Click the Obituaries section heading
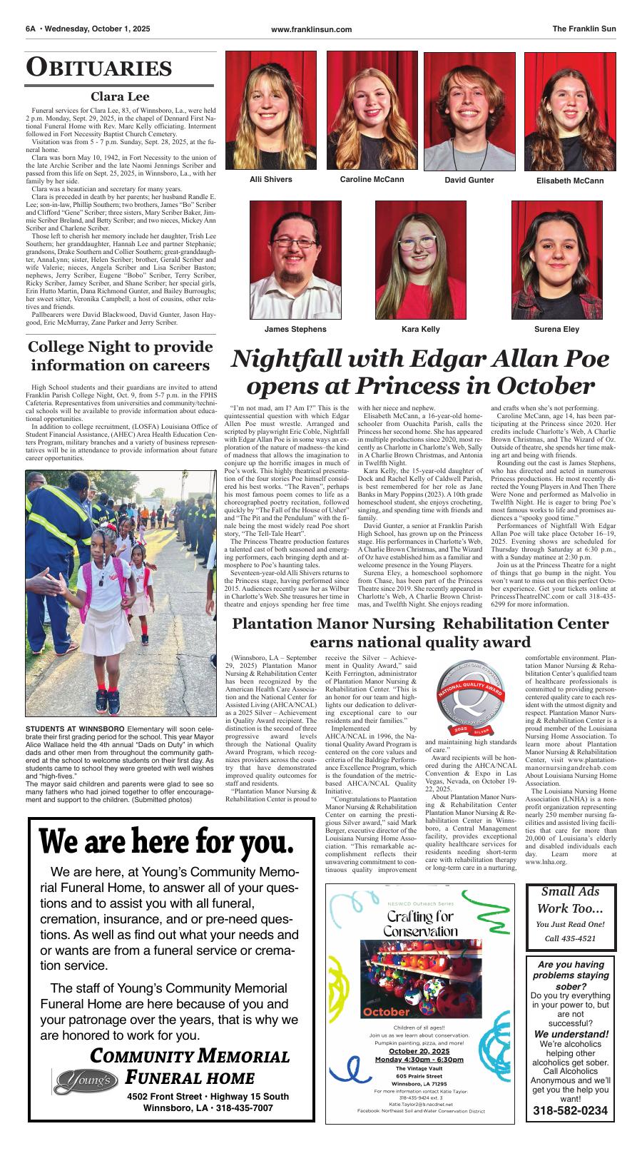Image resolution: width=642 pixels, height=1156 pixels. (99, 68)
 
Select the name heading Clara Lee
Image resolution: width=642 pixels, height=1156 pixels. (120, 96)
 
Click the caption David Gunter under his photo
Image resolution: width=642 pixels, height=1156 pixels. (469, 180)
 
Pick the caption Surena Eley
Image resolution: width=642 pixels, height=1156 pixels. (556, 329)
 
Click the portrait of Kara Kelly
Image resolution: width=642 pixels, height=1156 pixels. (420, 260)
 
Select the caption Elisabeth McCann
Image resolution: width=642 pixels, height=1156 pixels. (569, 181)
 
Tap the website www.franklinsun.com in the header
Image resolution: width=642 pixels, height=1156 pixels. (312, 29)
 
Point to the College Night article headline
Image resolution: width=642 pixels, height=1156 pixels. (120, 356)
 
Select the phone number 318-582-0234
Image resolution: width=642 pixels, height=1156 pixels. (570, 1110)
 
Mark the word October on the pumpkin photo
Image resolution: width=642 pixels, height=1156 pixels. (386, 1012)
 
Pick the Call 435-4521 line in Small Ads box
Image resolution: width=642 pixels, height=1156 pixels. (570, 938)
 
